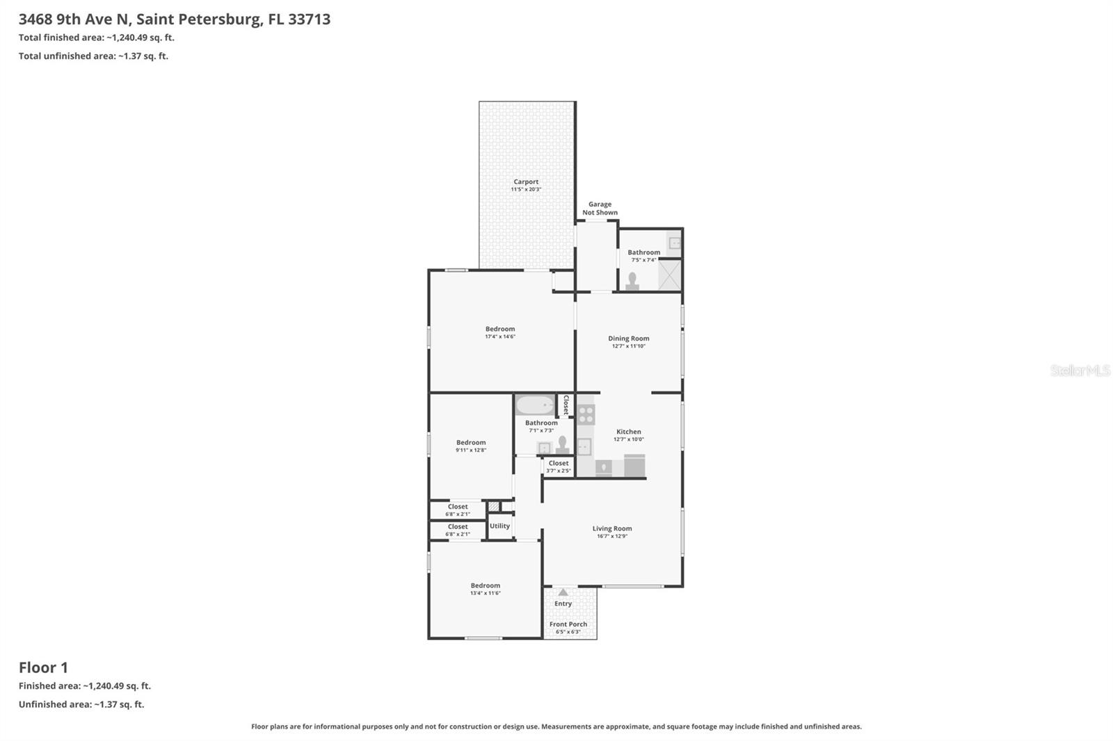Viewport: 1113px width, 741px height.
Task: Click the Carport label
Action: click(526, 182)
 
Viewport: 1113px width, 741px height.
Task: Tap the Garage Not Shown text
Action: click(600, 209)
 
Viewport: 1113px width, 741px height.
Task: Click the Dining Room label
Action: click(628, 339)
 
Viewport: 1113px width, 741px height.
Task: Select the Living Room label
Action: click(612, 528)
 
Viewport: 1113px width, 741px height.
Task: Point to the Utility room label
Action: click(499, 526)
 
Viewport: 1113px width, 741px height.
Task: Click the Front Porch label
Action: click(568, 624)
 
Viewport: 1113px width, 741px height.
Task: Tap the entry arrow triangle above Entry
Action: click(563, 593)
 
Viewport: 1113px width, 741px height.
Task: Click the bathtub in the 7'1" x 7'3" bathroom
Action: click(535, 405)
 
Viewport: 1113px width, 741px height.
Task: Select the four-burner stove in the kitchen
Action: click(586, 415)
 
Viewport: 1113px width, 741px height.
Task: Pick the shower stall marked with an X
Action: click(670, 275)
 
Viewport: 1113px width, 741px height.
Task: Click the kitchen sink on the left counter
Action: click(584, 446)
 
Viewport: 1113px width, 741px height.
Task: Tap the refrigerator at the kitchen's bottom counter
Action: click(634, 466)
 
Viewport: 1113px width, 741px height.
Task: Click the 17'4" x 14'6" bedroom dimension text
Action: click(500, 337)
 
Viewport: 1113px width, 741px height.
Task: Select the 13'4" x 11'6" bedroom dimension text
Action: click(485, 594)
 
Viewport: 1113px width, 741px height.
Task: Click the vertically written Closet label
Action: click(566, 405)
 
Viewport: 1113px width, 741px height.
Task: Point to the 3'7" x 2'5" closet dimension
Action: click(558, 471)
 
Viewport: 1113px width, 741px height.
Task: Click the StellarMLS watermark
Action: click(1080, 370)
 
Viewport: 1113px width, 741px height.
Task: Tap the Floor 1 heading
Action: click(43, 667)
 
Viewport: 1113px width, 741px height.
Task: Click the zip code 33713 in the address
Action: click(309, 19)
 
